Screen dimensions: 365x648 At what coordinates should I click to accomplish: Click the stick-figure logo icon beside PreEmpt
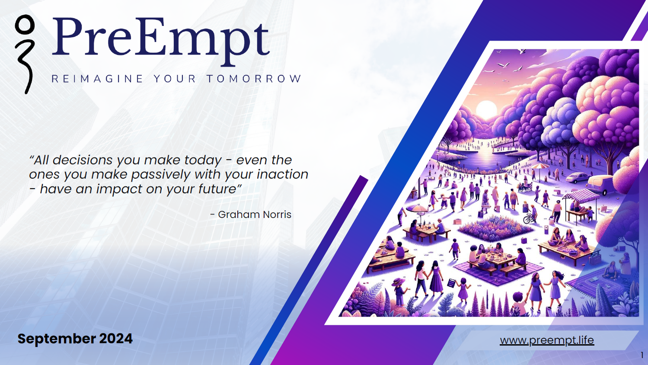tap(25, 54)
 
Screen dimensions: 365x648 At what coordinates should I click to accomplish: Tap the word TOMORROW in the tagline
tap(254, 79)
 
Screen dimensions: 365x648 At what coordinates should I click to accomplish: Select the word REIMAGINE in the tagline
tap(98, 79)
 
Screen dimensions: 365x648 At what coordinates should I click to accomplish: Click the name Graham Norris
tap(254, 215)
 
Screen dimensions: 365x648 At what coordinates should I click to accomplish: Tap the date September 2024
tap(75, 339)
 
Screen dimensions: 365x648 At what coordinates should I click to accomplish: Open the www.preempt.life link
tap(547, 340)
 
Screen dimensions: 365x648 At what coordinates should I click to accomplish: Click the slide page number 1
tap(642, 355)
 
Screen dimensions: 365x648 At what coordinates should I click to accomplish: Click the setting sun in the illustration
tap(486, 109)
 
